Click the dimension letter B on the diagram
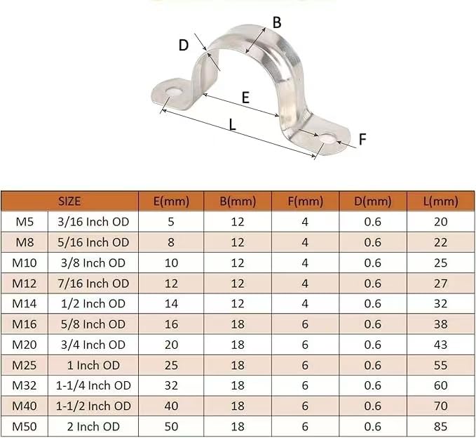(x=277, y=22)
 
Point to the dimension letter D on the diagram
(x=184, y=46)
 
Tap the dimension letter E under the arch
(x=245, y=98)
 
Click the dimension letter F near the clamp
(x=362, y=140)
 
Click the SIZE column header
(x=69, y=201)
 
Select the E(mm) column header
(x=171, y=201)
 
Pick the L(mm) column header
(x=441, y=201)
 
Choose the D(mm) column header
(x=373, y=201)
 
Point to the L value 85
(x=441, y=426)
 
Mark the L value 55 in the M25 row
(x=441, y=365)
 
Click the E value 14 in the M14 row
(x=171, y=304)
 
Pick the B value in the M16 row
(x=238, y=324)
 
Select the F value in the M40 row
(x=305, y=406)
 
